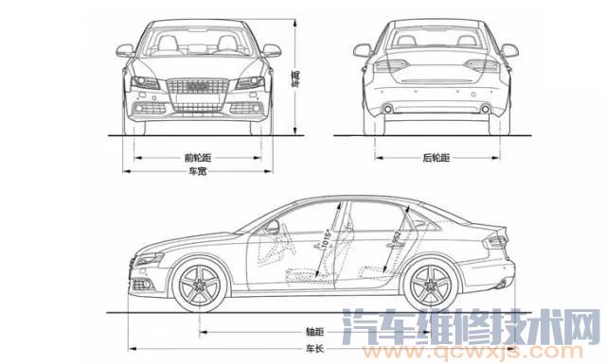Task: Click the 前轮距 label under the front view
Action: click(198, 158)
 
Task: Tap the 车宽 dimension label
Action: click(197, 172)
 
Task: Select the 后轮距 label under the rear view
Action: click(437, 158)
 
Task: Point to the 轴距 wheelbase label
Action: click(314, 332)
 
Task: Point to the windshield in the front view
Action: click(198, 43)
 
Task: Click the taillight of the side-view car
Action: click(494, 240)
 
